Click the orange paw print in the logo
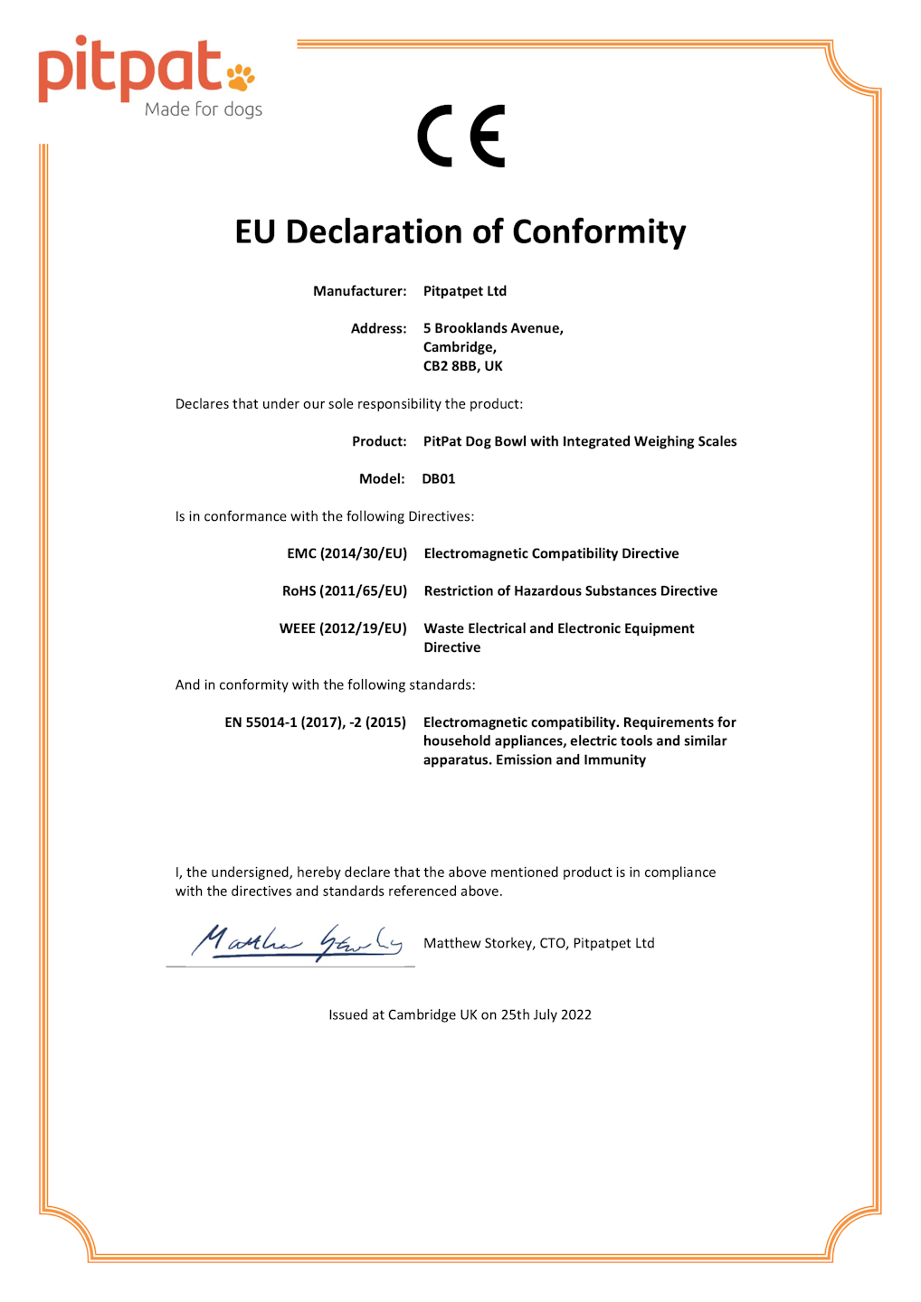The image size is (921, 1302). pos(241,77)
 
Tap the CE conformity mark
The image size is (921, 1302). pos(461,137)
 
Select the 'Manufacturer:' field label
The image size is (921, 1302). pos(359,291)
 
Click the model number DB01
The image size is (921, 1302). pos(439,479)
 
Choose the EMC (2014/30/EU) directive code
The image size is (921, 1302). pos(347,553)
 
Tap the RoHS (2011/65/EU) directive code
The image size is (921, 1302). pos(345,591)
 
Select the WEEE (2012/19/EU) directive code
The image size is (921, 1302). pos(343,628)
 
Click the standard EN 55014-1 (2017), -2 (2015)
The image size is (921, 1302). pos(315,722)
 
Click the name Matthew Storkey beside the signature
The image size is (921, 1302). pos(478,943)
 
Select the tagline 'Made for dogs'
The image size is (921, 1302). pos(204,109)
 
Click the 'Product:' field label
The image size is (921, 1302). pos(379,441)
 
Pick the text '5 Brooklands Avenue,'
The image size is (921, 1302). pos(493,328)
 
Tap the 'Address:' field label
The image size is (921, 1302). pos(378,328)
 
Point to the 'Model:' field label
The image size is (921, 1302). pos(382,479)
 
